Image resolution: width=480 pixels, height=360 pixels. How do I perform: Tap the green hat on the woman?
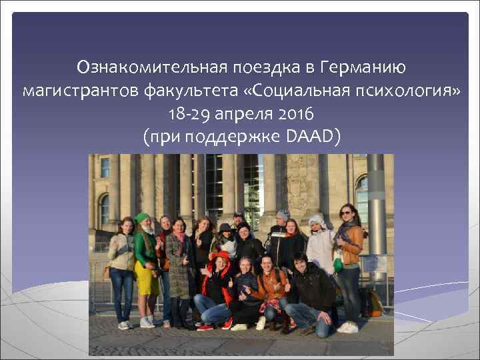coord(141,218)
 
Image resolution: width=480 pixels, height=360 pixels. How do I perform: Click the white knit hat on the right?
coord(317,219)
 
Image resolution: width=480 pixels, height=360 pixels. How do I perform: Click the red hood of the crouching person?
coord(220,263)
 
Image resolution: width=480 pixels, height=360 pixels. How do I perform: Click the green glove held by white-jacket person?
coord(339,265)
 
